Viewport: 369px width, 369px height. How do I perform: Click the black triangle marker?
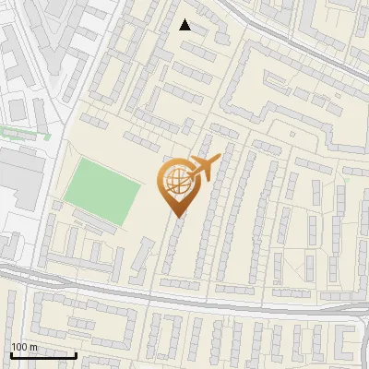point(185,25)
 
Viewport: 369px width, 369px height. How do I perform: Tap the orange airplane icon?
point(203,169)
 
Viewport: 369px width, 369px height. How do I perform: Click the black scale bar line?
point(43,355)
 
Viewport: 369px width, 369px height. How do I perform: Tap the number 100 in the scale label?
point(18,347)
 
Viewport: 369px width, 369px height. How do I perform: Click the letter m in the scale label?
point(32,347)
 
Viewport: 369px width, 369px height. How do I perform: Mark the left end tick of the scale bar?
point(10,353)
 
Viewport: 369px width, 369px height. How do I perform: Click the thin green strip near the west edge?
point(23,131)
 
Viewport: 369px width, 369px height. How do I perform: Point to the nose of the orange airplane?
point(219,160)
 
